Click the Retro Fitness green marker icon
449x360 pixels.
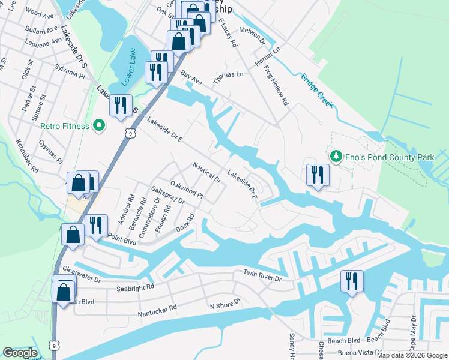tap(100, 126)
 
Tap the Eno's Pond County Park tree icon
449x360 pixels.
tap(336, 157)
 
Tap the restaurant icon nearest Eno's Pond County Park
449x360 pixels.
tap(318, 175)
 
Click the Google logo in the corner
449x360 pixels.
tap(20, 353)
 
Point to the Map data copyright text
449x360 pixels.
tap(412, 355)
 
